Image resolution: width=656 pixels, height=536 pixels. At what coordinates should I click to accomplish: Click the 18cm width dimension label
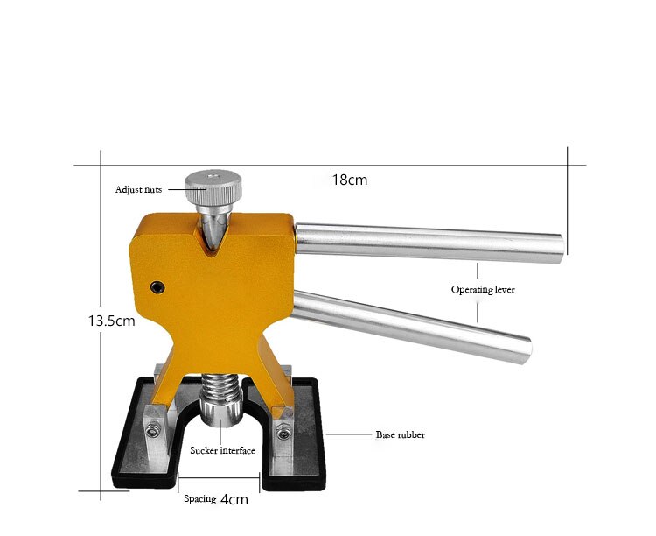coord(349,180)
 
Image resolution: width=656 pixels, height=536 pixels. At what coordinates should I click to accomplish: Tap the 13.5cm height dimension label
coord(111,321)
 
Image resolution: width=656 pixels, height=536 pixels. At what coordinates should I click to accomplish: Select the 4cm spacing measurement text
coord(234,500)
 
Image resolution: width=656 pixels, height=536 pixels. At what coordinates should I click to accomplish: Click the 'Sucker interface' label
coord(222,451)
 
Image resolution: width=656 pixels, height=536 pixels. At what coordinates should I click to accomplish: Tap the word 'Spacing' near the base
coord(199,499)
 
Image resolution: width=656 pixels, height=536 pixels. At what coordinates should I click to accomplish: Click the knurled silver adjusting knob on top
coord(212,184)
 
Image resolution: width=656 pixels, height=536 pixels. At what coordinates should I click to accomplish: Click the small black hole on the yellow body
coord(157,287)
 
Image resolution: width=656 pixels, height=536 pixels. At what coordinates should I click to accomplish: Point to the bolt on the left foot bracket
coord(153,428)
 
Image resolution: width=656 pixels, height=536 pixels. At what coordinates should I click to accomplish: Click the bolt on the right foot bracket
coord(283,430)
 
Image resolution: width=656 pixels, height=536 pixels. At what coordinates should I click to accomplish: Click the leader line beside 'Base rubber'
coord(349,434)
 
